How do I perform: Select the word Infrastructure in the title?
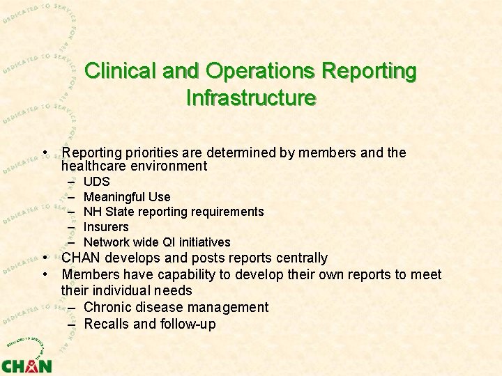(x=251, y=97)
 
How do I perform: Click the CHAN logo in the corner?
(x=26, y=363)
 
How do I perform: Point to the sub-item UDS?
(x=96, y=182)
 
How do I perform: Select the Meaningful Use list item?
(x=126, y=197)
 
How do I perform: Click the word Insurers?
(x=106, y=227)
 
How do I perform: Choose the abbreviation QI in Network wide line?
(x=169, y=242)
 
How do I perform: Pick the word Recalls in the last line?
(x=107, y=324)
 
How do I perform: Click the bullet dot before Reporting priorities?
(x=44, y=152)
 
